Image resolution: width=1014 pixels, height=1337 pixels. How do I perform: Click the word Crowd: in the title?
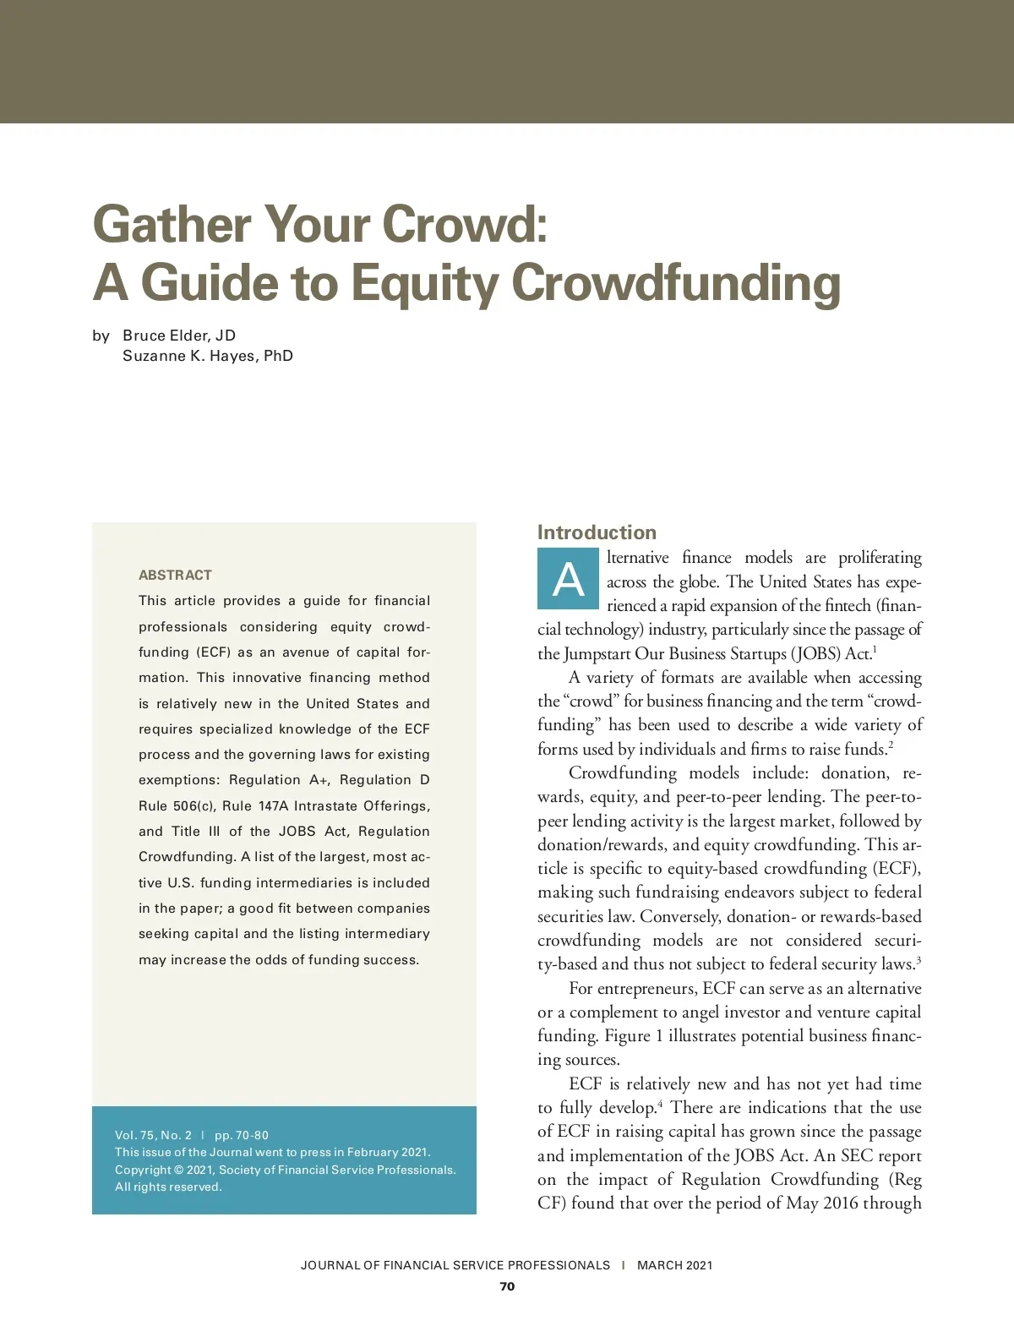pyautogui.click(x=464, y=225)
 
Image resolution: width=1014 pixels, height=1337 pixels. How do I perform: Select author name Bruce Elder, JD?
pyautogui.click(x=179, y=336)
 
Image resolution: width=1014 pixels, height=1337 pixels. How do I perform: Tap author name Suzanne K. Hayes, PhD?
pyautogui.click(x=208, y=356)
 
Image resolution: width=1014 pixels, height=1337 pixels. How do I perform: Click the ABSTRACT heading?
pyautogui.click(x=175, y=575)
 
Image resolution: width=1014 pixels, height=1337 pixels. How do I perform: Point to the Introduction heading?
pyautogui.click(x=597, y=532)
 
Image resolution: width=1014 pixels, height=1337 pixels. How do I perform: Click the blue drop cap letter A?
pyautogui.click(x=568, y=580)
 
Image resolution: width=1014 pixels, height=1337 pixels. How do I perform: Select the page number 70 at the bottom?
pyautogui.click(x=507, y=1286)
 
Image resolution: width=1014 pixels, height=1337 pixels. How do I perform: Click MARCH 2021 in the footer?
pyautogui.click(x=674, y=1265)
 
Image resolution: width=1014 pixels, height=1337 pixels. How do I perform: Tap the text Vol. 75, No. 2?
pyautogui.click(x=153, y=1135)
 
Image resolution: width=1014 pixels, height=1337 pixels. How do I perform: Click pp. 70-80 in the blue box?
pyautogui.click(x=242, y=1135)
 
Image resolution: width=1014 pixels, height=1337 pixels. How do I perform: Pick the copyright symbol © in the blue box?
pyautogui.click(x=178, y=1170)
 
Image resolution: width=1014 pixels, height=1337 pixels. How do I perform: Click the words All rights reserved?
pyautogui.click(x=168, y=1187)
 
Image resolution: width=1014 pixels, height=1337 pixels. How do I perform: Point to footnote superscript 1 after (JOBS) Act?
pyautogui.click(x=875, y=649)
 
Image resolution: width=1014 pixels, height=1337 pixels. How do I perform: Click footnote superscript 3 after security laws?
pyautogui.click(x=918, y=959)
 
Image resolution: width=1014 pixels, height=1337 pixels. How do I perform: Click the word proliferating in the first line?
pyautogui.click(x=880, y=558)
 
